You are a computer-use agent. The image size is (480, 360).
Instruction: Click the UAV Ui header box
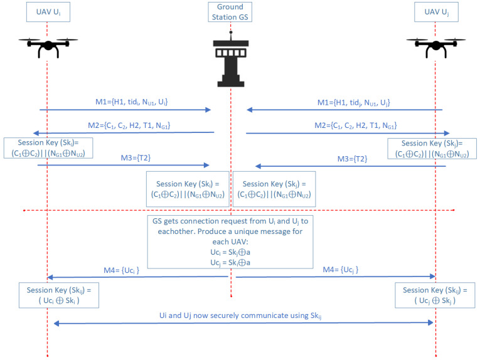pyautogui.click(x=47, y=12)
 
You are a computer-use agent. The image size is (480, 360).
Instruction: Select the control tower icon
pyautogui.click(x=231, y=61)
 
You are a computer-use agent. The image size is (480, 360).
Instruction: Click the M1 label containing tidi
pyautogui.click(x=127, y=102)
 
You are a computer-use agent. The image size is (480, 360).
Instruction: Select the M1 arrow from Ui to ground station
pyautogui.click(x=125, y=110)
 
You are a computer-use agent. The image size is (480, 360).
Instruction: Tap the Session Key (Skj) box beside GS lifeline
pyautogui.click(x=274, y=189)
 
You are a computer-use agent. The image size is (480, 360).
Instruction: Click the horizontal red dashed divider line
pyautogui.click(x=125, y=209)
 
